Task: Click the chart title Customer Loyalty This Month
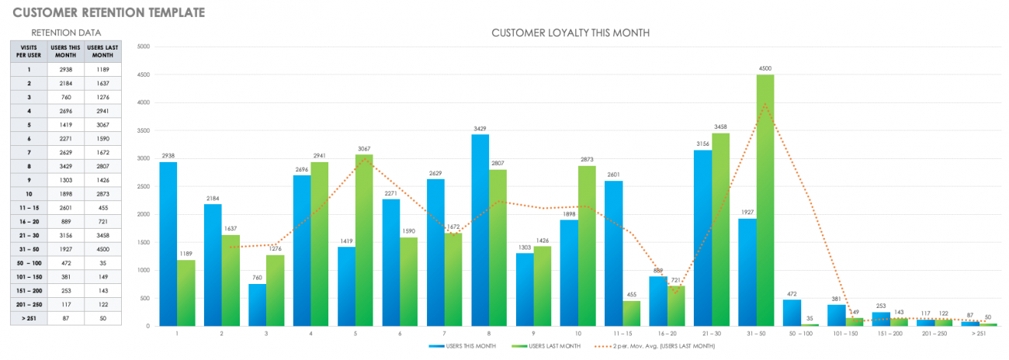570,33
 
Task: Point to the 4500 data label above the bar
765,69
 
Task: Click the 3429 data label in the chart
480,129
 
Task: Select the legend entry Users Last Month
553,346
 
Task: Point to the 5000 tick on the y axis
143,47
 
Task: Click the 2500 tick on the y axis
143,186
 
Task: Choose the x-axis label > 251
978,334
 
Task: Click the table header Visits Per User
29,52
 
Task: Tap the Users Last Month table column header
102,52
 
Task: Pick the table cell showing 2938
65,70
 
